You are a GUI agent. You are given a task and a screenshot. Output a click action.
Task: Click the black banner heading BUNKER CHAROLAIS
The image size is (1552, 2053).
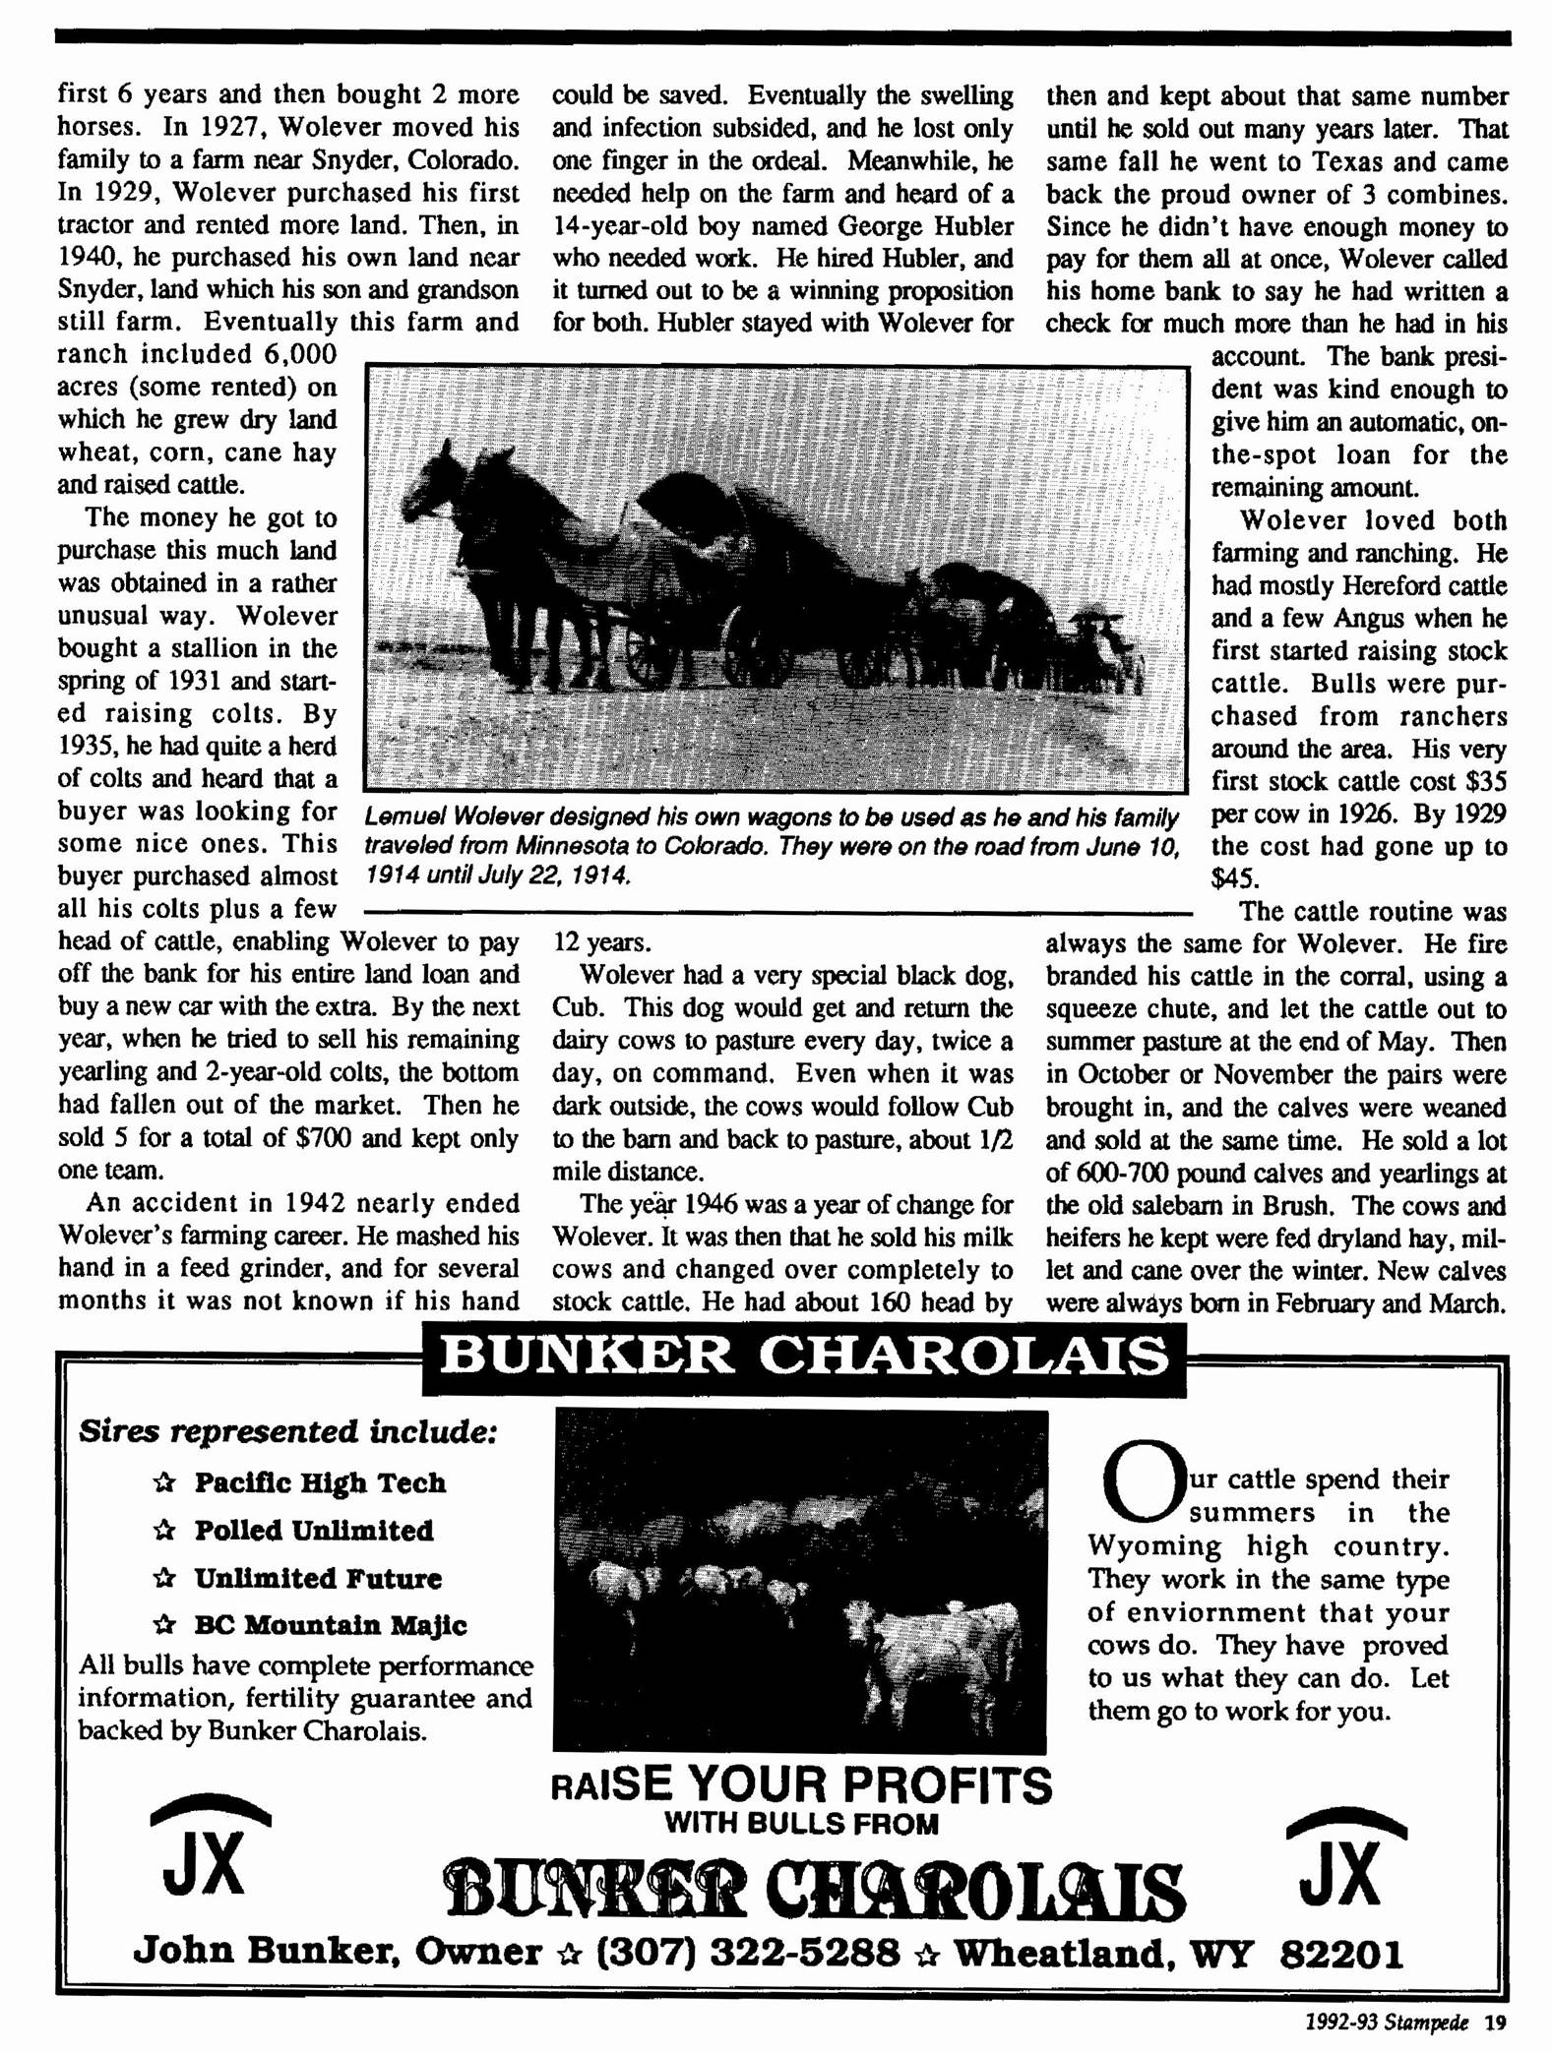803,1358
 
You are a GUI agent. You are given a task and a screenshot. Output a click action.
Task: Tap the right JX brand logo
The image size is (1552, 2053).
1344,1859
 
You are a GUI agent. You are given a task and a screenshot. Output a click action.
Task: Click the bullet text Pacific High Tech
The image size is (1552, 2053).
320,1482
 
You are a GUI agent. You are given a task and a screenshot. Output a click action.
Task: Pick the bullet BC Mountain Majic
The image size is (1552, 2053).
330,1625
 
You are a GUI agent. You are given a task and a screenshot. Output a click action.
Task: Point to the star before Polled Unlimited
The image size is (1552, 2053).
164,1532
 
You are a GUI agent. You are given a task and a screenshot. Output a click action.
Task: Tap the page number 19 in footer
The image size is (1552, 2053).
1495,2023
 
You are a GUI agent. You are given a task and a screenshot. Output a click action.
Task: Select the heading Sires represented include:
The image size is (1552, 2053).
287,1431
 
